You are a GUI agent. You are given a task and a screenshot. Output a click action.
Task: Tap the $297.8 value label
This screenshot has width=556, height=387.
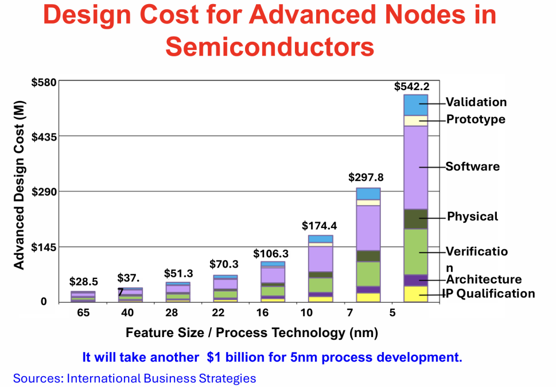coord(366,178)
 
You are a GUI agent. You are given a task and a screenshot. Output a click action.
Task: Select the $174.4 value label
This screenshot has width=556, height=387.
coord(319,225)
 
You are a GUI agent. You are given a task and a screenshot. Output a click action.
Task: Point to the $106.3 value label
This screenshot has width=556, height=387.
coord(271,254)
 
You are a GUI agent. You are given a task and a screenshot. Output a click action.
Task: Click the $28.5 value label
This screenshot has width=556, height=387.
coord(83,282)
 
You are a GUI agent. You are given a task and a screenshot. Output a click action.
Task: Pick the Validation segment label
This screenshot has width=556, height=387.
coord(476,102)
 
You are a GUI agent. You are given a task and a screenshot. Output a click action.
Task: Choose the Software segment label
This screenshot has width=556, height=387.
coord(473,166)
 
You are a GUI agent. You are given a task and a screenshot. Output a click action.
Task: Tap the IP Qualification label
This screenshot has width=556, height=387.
coord(489,293)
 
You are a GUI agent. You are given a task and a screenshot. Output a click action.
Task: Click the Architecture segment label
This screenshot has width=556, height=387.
coord(483,279)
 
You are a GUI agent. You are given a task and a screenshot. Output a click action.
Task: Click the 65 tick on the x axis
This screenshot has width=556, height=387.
coord(83,313)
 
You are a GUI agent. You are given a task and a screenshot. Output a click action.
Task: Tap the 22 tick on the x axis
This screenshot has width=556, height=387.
coord(218,313)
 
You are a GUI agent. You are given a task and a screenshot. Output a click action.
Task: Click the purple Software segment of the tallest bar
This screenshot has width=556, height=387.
coord(415,167)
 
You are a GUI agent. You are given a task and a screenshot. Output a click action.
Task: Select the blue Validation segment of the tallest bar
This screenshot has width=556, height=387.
coord(415,105)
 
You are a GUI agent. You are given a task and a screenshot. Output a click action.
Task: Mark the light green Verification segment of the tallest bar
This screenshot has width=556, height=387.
coord(415,252)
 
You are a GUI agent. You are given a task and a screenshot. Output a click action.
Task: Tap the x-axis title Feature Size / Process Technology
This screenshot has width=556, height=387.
coord(252,332)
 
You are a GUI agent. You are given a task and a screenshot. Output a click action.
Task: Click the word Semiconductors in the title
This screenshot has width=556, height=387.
coord(270,46)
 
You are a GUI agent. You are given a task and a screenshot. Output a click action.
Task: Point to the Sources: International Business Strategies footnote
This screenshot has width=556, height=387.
coord(134,378)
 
